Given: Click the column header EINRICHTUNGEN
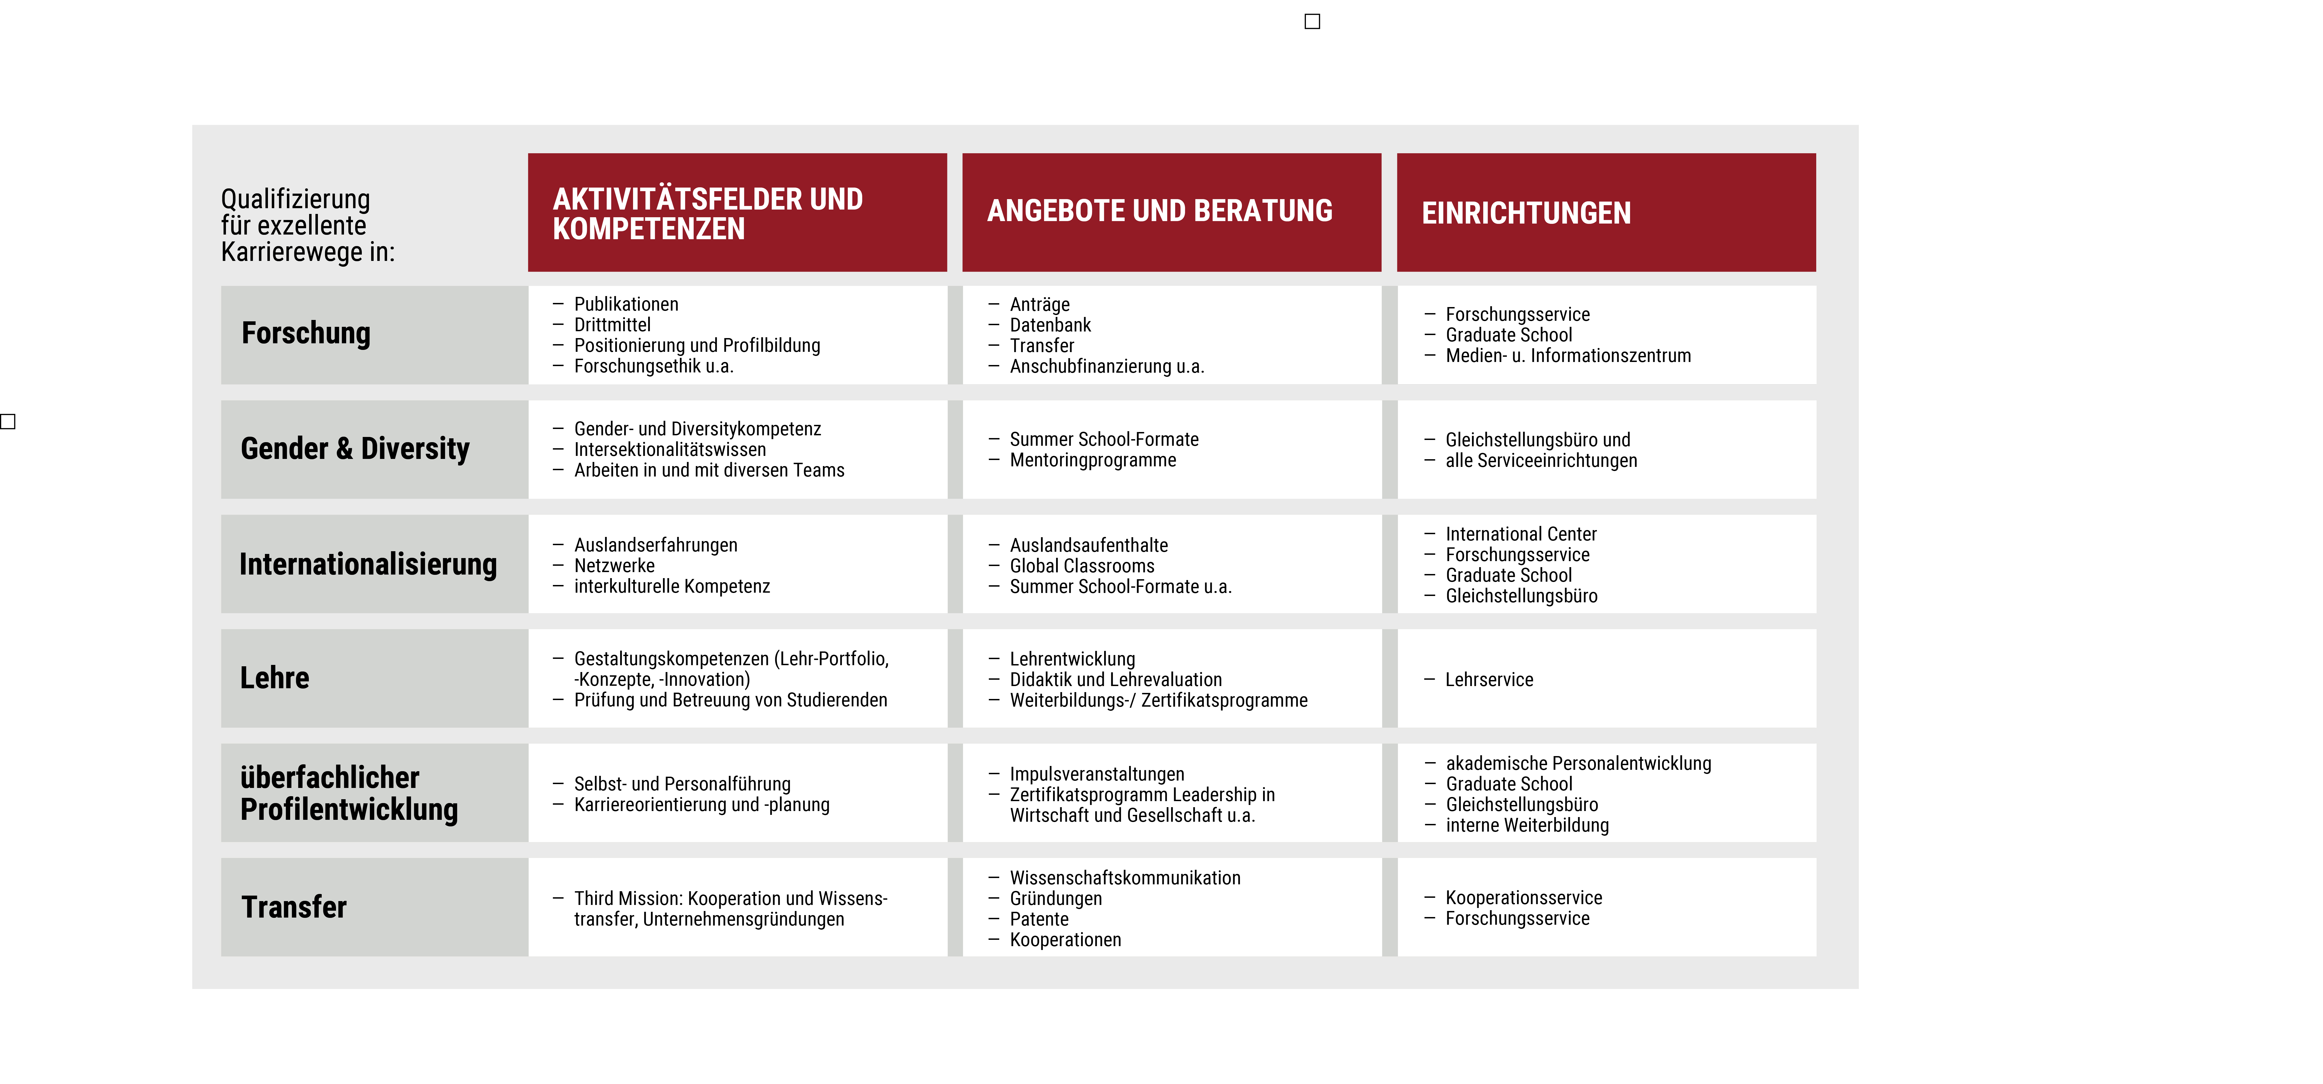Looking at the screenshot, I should tap(1526, 213).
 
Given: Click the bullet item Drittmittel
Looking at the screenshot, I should tap(612, 325).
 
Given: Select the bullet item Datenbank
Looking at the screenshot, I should tap(1050, 325).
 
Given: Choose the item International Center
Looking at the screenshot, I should tap(1520, 534).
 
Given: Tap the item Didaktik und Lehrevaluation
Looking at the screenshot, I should tap(1115, 679).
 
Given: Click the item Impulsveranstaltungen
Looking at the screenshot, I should tap(1096, 774).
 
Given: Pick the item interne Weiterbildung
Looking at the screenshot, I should tap(1527, 825).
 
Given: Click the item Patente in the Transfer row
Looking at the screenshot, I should tap(1039, 919).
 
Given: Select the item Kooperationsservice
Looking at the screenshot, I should tap(1523, 897).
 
